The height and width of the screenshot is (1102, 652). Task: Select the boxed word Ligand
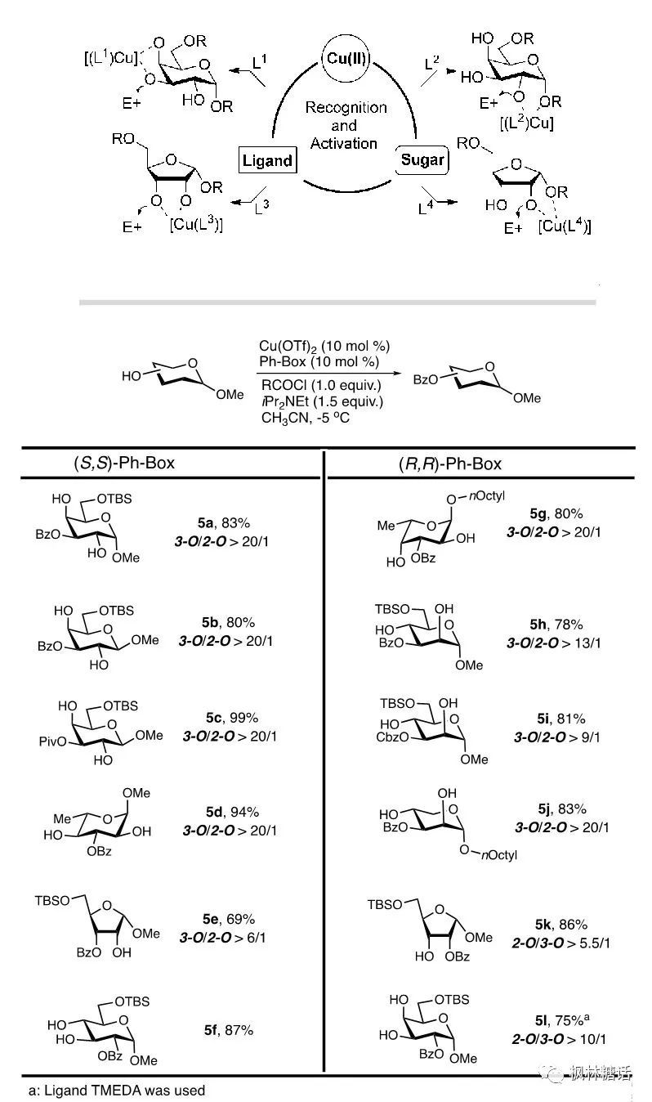point(266,159)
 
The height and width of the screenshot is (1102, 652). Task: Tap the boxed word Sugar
point(422,159)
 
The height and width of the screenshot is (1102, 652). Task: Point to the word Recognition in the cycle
point(346,107)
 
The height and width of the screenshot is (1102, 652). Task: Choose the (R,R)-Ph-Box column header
point(444,464)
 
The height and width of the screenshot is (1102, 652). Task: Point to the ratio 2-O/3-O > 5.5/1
point(553,942)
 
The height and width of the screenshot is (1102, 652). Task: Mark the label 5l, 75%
point(560,1022)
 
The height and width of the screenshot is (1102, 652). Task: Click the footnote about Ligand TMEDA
point(116,1089)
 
